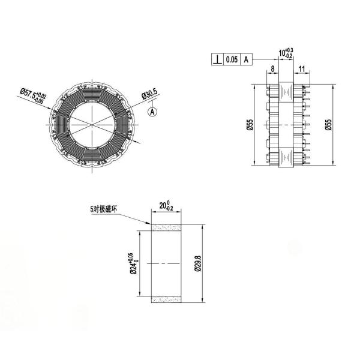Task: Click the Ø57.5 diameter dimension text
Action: [33, 95]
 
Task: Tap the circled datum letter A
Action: [152, 112]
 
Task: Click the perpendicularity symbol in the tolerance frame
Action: [217, 59]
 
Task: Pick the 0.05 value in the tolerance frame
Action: [232, 59]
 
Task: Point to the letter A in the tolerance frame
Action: [246, 59]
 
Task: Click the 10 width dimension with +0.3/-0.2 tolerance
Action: [286, 53]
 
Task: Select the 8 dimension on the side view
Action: [272, 68]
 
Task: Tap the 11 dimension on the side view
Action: [302, 68]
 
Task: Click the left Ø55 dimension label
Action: [250, 125]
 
